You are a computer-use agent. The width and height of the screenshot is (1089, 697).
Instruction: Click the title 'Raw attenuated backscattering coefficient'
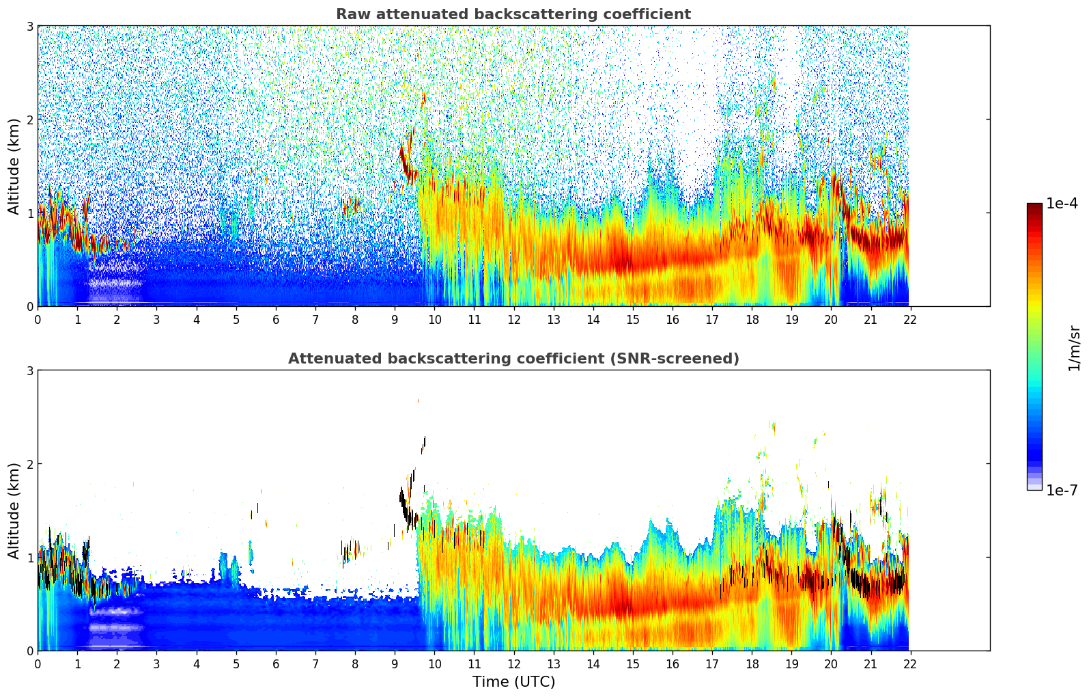513,14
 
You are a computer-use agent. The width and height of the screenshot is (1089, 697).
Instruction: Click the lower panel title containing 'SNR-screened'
513,359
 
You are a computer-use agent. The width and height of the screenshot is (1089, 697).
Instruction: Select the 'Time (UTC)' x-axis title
513,682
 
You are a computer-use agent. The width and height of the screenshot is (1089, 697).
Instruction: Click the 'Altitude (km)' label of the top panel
14,166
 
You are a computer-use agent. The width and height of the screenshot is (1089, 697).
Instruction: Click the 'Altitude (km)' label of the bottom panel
14,510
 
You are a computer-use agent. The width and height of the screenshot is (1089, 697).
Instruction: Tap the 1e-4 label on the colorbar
1062,204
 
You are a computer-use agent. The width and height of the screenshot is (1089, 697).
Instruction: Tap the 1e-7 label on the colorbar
1062,490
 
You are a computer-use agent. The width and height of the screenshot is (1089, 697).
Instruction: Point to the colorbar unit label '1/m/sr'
1074,347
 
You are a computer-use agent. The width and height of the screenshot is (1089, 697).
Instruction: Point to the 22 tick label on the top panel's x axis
910,319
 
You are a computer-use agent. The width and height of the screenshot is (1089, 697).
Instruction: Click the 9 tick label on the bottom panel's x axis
395,664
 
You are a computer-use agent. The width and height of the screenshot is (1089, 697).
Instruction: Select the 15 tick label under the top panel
632,319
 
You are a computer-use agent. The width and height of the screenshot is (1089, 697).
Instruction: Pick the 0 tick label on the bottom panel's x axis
38,664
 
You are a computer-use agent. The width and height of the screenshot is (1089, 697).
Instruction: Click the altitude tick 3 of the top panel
30,26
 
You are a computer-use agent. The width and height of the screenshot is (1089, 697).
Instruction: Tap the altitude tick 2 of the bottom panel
30,464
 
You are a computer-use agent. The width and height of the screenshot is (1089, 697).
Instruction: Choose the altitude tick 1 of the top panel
30,213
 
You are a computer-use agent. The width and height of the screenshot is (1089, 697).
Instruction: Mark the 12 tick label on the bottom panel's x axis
513,664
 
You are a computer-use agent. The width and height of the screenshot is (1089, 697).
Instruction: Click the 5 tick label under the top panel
236,319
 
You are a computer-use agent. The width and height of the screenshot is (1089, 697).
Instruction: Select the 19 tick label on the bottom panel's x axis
791,664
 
